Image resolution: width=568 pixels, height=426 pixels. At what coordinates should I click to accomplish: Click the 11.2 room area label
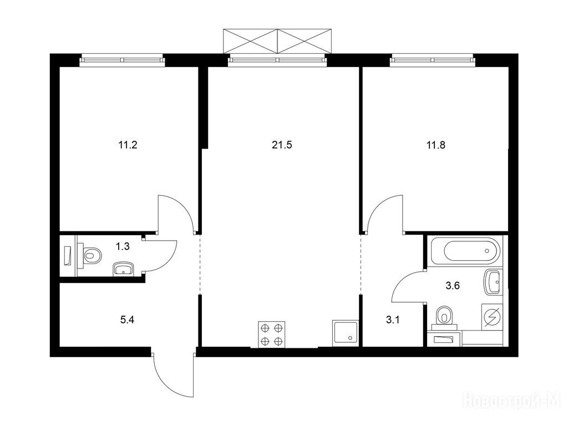(x=128, y=146)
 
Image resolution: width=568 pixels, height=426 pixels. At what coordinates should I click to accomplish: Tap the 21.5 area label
(x=282, y=145)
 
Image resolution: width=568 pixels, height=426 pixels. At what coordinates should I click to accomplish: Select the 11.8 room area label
(x=436, y=146)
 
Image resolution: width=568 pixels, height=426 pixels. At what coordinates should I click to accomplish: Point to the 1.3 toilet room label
(x=123, y=247)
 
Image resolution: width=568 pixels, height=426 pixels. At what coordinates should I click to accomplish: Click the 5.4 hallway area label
(x=127, y=320)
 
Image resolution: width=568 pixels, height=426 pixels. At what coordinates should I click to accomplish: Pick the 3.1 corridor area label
(x=393, y=320)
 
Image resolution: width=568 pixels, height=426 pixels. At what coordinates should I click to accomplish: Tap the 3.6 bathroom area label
(x=453, y=286)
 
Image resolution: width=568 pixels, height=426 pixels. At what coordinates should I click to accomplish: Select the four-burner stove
(x=272, y=334)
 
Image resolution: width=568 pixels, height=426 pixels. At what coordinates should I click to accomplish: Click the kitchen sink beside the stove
(x=346, y=333)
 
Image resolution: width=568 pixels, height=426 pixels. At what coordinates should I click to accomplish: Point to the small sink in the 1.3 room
(x=124, y=269)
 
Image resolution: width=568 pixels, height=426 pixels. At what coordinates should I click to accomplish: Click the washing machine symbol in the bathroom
(x=492, y=317)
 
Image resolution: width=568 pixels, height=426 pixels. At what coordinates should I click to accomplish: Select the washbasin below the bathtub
(x=493, y=281)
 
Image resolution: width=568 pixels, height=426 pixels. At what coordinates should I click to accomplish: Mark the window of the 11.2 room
(x=122, y=60)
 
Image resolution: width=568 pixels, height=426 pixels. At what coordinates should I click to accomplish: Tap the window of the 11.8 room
(x=432, y=60)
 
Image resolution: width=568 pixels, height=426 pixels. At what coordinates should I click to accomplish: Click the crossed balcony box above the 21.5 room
(x=277, y=42)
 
